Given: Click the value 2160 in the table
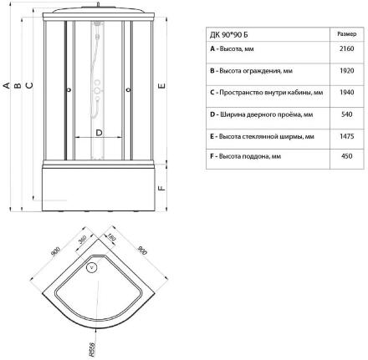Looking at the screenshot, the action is [347, 48].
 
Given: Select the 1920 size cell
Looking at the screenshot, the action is [347, 71].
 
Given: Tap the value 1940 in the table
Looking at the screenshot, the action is [347, 93].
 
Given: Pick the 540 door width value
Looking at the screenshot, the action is [347, 114].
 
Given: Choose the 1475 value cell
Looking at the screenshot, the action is [347, 136].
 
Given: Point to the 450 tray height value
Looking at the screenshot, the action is [347, 156].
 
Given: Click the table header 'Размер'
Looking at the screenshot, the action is [347, 34].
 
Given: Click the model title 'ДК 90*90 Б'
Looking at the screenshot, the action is [228, 35].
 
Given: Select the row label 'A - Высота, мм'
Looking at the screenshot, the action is [232, 49].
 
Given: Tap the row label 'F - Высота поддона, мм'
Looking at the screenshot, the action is [245, 156].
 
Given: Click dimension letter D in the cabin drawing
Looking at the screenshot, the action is [99, 133].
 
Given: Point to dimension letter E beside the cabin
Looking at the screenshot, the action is [162, 86].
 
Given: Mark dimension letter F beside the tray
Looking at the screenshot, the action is [162, 188].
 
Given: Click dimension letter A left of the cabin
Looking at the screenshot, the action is [7, 85].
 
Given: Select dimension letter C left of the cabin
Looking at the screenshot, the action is [29, 85].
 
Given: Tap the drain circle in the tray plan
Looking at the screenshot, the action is [92, 268].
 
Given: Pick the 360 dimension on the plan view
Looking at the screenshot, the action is [83, 240].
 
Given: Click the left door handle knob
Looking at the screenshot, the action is [69, 89].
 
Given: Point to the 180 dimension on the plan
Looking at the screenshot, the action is [111, 237].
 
